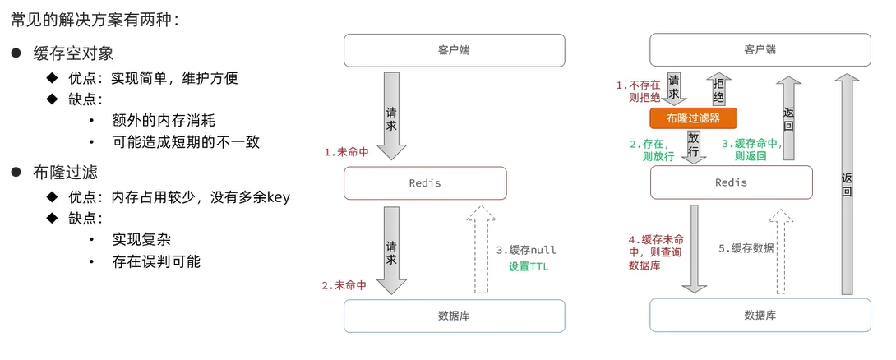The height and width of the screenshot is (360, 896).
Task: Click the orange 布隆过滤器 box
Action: coord(693,118)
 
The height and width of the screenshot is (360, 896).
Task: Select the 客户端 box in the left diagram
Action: coord(454,50)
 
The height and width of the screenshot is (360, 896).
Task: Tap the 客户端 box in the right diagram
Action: coord(760,50)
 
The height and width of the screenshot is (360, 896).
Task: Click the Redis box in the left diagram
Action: coord(424,182)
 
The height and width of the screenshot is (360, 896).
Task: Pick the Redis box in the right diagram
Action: coord(731,182)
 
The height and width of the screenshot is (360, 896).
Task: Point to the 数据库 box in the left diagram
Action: coord(454,316)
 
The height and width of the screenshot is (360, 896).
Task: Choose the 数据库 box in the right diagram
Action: coord(760,316)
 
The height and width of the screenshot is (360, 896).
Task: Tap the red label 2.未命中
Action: coord(345,285)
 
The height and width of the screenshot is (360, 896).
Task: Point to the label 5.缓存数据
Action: coord(746,247)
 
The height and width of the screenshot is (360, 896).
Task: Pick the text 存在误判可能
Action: coord(156,262)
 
